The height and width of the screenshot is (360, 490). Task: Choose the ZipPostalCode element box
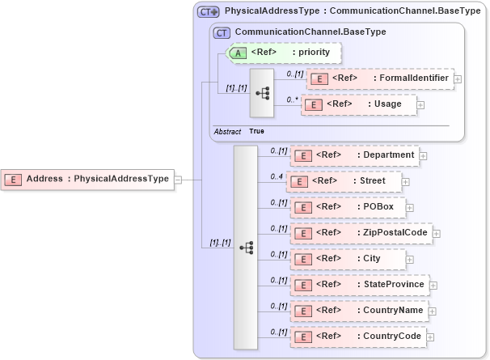361,233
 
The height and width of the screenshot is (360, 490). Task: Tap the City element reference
348,259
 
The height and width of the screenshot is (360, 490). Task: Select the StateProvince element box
359,285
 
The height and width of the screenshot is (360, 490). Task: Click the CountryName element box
359,310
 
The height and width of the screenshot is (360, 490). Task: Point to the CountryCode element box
358,336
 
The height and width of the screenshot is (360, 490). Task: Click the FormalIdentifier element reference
380,78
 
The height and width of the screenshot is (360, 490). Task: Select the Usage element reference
359,104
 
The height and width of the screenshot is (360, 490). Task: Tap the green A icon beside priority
239,53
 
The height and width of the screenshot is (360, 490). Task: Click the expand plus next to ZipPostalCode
437,234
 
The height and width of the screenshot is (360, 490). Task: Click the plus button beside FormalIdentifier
458,79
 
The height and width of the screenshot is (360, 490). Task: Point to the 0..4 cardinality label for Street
277,176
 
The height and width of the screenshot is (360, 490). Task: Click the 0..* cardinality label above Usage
292,99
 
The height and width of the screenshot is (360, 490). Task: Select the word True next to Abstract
256,131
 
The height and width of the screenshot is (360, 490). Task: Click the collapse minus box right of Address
178,180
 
